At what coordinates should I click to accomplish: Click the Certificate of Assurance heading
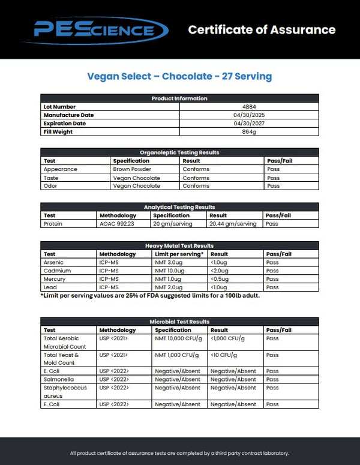[x=262, y=29]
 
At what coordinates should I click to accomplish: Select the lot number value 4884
[x=249, y=107]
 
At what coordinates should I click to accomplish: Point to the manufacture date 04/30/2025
[x=249, y=115]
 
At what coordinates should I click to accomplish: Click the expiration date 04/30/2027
[x=249, y=124]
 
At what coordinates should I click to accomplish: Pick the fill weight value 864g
[x=249, y=132]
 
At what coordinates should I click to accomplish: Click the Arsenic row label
[x=53, y=262]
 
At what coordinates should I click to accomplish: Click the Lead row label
[x=50, y=287]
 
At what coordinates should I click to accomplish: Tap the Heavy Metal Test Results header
[x=179, y=245]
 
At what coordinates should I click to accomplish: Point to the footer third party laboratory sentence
[x=179, y=453]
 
